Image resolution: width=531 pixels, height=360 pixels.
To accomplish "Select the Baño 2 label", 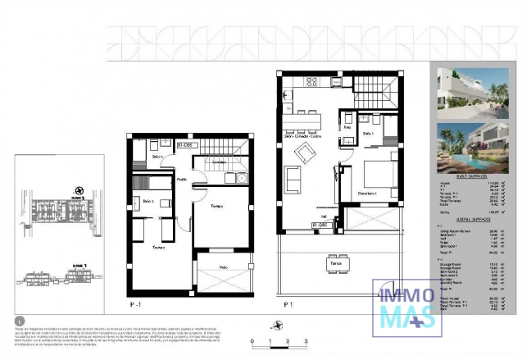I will tap(147, 201).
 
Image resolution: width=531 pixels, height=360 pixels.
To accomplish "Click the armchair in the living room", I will tap(304, 152).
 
